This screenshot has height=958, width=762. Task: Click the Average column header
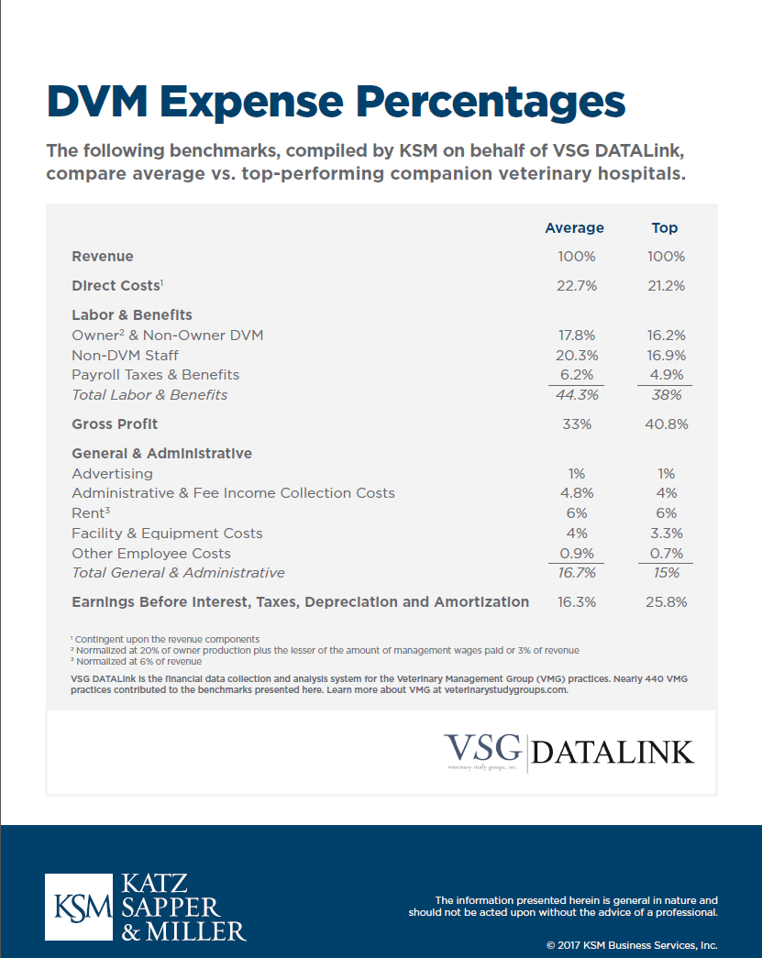point(574,227)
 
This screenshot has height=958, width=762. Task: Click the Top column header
point(665,227)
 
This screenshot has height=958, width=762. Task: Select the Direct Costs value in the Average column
point(576,286)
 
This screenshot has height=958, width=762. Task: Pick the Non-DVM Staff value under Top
point(666,355)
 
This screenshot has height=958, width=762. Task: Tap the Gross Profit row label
point(115,424)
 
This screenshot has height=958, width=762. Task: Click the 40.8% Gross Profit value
point(666,424)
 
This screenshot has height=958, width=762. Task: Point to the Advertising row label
point(112,474)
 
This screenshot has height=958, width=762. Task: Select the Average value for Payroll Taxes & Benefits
point(576,375)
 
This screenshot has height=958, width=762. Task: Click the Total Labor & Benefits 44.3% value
point(576,395)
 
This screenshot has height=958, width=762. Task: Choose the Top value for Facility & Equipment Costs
point(666,534)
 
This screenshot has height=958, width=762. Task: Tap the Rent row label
point(90,513)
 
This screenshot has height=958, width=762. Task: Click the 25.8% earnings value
point(666,602)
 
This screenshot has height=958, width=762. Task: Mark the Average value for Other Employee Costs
point(576,554)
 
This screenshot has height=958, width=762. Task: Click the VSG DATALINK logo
point(569,751)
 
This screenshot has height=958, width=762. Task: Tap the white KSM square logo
point(81,908)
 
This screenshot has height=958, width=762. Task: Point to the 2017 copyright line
point(631,945)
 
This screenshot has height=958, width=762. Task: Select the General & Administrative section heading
point(161,453)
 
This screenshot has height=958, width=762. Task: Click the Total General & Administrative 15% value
point(666,573)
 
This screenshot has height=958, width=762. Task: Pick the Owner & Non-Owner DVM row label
point(167,336)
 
